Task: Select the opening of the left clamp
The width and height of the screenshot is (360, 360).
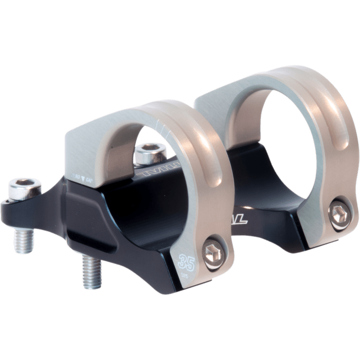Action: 153,144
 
